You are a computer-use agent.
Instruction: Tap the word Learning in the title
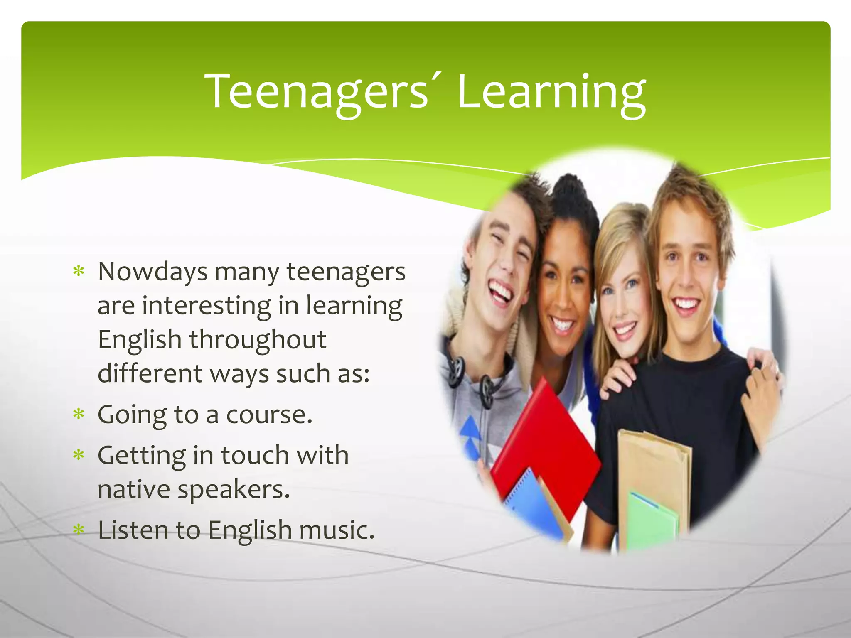pyautogui.click(x=551, y=92)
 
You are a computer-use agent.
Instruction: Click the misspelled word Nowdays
pyautogui.click(x=152, y=272)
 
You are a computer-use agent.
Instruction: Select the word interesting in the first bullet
pyautogui.click(x=207, y=306)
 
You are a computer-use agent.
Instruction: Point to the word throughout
pyautogui.click(x=258, y=340)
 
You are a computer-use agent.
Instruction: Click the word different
pyautogui.click(x=150, y=373)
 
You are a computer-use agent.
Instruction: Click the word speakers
pyautogui.click(x=234, y=490)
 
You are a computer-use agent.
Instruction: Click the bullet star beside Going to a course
pyautogui.click(x=79, y=414)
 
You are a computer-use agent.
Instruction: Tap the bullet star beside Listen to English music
pyautogui.click(x=79, y=530)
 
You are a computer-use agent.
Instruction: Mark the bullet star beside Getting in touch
pyautogui.click(x=79, y=455)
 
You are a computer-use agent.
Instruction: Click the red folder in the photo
pyautogui.click(x=544, y=449)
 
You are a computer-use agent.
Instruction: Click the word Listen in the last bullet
pyautogui.click(x=133, y=530)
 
